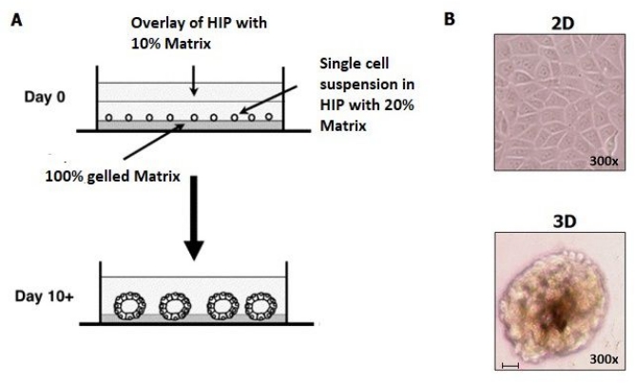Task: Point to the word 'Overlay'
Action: (154, 24)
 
